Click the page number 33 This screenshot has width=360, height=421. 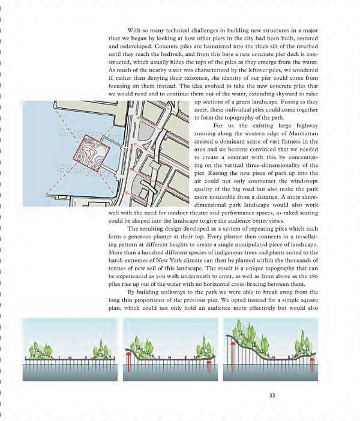pos(272,395)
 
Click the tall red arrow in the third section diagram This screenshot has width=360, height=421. pos(230,358)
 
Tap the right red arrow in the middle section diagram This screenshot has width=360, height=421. pos(208,366)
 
